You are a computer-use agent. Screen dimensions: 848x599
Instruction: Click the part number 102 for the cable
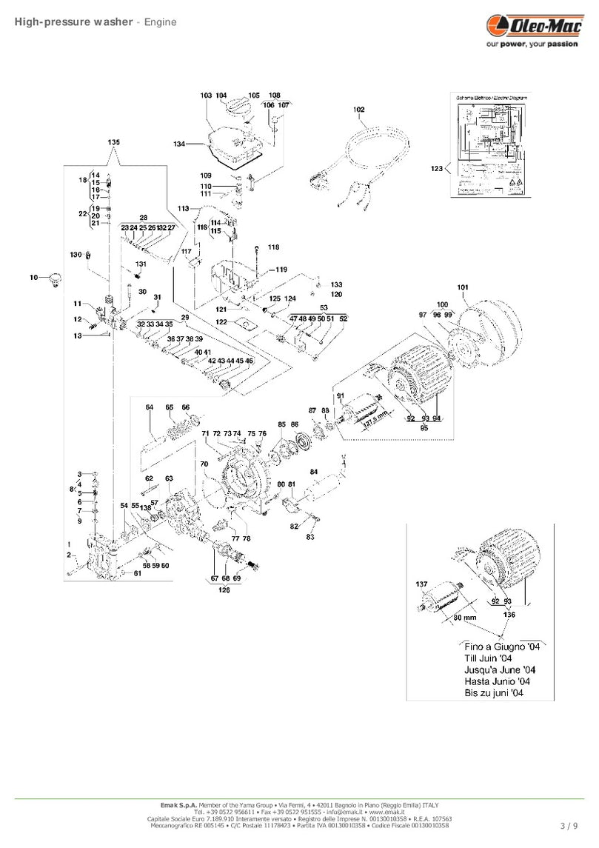[358, 110]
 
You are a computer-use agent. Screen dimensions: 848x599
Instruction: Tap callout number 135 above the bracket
[113, 141]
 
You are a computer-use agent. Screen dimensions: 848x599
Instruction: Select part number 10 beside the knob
[33, 277]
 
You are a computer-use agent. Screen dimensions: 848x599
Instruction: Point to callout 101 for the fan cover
[463, 287]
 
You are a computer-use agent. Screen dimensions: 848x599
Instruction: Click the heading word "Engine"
[160, 21]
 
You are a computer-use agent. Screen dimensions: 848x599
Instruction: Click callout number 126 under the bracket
[224, 590]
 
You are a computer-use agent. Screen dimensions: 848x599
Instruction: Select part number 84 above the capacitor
[314, 472]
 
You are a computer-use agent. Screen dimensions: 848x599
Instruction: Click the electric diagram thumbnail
[490, 145]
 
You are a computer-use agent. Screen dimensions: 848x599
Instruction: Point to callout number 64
[150, 407]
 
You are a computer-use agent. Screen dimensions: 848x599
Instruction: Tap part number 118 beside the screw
[273, 247]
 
